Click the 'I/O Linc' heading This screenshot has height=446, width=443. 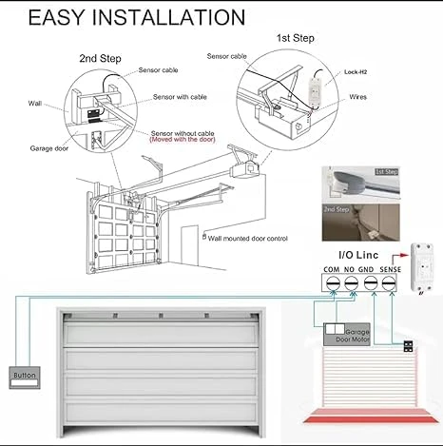(x=359, y=257)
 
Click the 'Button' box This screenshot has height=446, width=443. (x=24, y=376)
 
